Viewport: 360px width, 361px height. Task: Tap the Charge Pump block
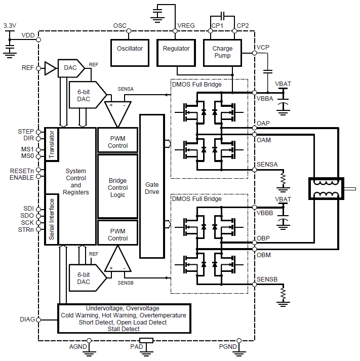tap(223, 52)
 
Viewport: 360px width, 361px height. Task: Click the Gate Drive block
tap(152, 188)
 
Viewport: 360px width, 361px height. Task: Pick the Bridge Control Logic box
tap(117, 188)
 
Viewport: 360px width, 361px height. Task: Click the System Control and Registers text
tap(76, 182)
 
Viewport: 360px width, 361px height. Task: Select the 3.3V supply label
tap(10, 25)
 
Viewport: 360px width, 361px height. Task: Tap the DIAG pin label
tap(27, 319)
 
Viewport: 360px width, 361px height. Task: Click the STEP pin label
tap(25, 132)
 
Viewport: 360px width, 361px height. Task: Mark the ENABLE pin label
tap(22, 177)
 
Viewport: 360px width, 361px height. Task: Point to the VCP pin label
tap(263, 48)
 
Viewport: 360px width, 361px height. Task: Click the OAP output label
tap(263, 123)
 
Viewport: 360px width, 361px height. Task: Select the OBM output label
tap(263, 255)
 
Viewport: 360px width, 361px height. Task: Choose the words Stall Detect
tap(124, 329)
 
